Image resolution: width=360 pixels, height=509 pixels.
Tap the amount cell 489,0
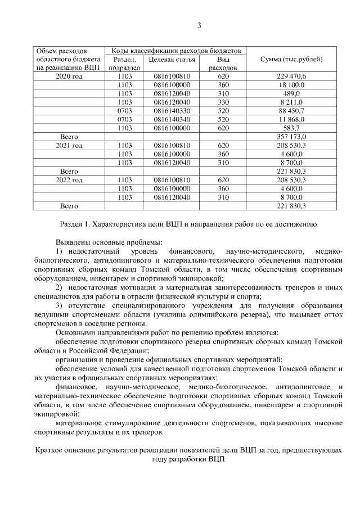click(291, 93)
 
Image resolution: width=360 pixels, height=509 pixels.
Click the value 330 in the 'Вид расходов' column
click(223, 102)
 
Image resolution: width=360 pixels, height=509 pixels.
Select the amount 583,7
click(291, 128)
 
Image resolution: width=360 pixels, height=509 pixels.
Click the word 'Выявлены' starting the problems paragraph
click(73, 241)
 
